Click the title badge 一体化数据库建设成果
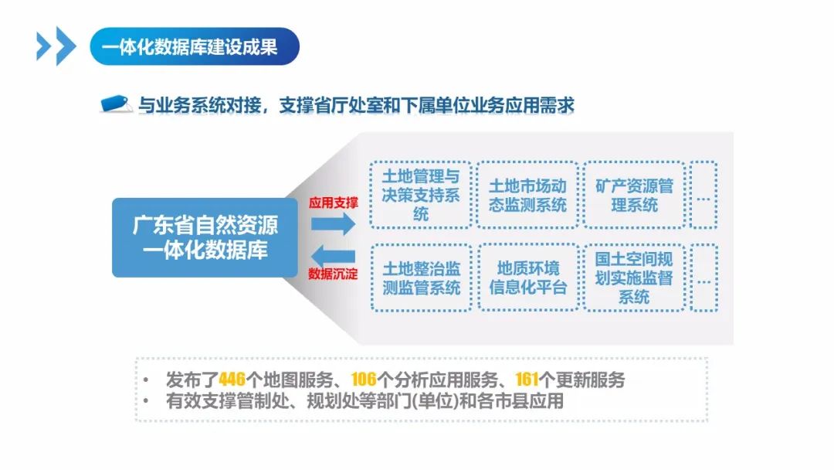pyautogui.click(x=194, y=47)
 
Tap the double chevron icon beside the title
pyautogui.click(x=56, y=46)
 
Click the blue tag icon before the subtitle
pyautogui.click(x=117, y=105)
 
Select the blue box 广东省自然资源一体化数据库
pyautogui.click(x=205, y=237)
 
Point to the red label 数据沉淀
pyautogui.click(x=334, y=274)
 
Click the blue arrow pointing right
pyautogui.click(x=333, y=224)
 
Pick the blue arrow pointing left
pyautogui.click(x=333, y=254)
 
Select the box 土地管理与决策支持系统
pyautogui.click(x=420, y=195)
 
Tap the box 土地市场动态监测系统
pyautogui.click(x=527, y=195)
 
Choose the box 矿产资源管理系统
pyautogui.click(x=634, y=195)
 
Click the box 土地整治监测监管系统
pyautogui.click(x=421, y=278)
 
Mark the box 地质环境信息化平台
pyautogui.click(x=527, y=278)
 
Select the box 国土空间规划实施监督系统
pyautogui.click(x=634, y=278)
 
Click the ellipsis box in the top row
pyautogui.click(x=703, y=195)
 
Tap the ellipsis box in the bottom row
pyautogui.click(x=703, y=278)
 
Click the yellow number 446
pyautogui.click(x=232, y=380)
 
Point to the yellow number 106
pyautogui.click(x=363, y=380)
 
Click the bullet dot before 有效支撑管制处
pyautogui.click(x=147, y=401)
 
